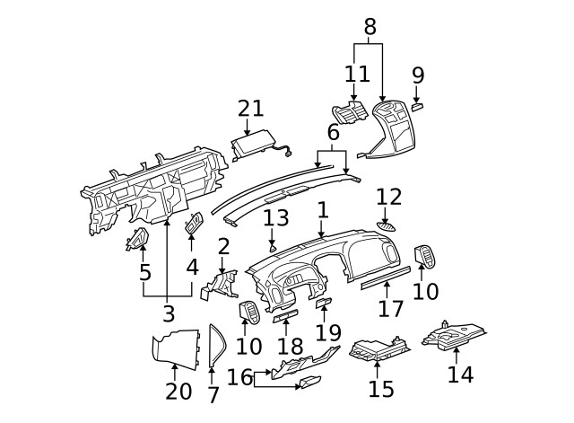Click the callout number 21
tap(251, 109)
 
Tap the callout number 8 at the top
tap(369, 27)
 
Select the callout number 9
tap(418, 75)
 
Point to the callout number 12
tap(389, 197)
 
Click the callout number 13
tap(275, 217)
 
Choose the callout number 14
tap(460, 374)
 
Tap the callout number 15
tap(381, 388)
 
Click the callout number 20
tap(179, 391)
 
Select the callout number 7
tap(213, 394)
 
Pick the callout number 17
tap(390, 310)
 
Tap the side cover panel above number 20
tap(176, 347)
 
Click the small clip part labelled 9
tap(418, 106)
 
